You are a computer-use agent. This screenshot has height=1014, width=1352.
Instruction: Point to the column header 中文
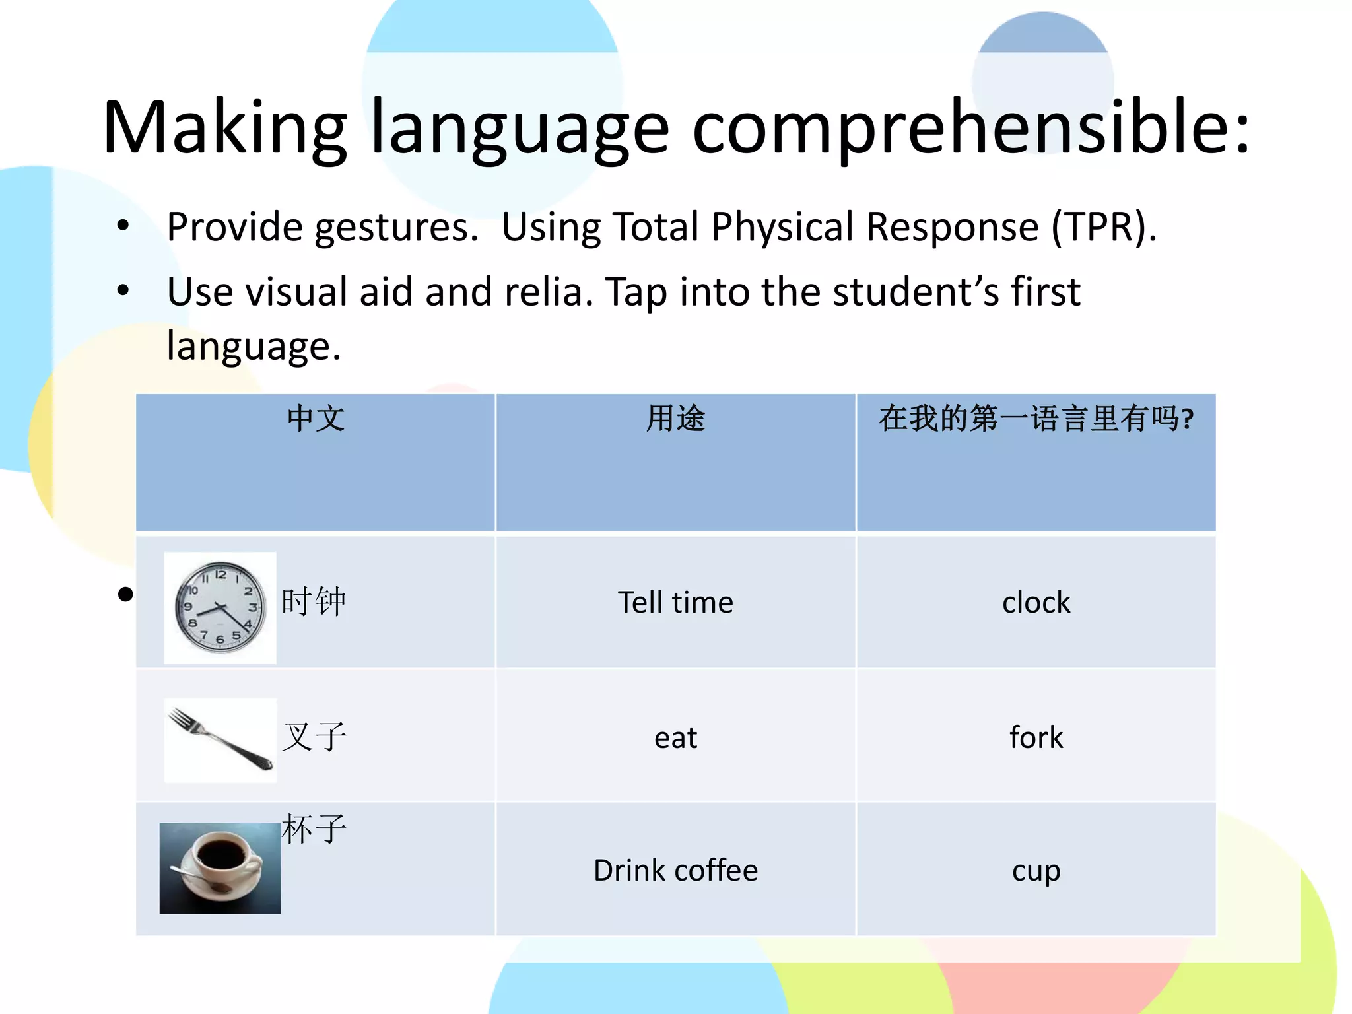coord(316,419)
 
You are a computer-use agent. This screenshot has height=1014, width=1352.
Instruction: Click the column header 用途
coord(675,419)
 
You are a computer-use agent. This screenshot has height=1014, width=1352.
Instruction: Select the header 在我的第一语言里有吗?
coord(1036,419)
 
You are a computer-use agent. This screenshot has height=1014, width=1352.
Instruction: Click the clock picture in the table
coord(220,607)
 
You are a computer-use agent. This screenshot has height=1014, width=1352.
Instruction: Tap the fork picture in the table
coord(220,739)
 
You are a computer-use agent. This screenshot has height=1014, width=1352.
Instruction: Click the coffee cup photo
coord(220,867)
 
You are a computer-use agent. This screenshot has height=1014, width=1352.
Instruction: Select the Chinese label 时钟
coord(314,601)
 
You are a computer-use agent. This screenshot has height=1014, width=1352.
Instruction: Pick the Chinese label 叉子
coord(314,736)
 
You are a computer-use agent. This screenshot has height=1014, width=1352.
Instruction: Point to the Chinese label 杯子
coord(314,829)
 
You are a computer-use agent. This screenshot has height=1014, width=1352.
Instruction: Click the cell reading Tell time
coord(675,602)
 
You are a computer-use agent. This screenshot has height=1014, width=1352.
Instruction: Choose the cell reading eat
coord(675,737)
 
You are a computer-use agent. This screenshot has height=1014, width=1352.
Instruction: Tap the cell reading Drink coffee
coord(675,870)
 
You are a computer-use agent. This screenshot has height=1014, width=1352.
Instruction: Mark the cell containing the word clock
coord(1036,602)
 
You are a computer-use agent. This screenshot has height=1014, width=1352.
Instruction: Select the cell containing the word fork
coord(1036,737)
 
